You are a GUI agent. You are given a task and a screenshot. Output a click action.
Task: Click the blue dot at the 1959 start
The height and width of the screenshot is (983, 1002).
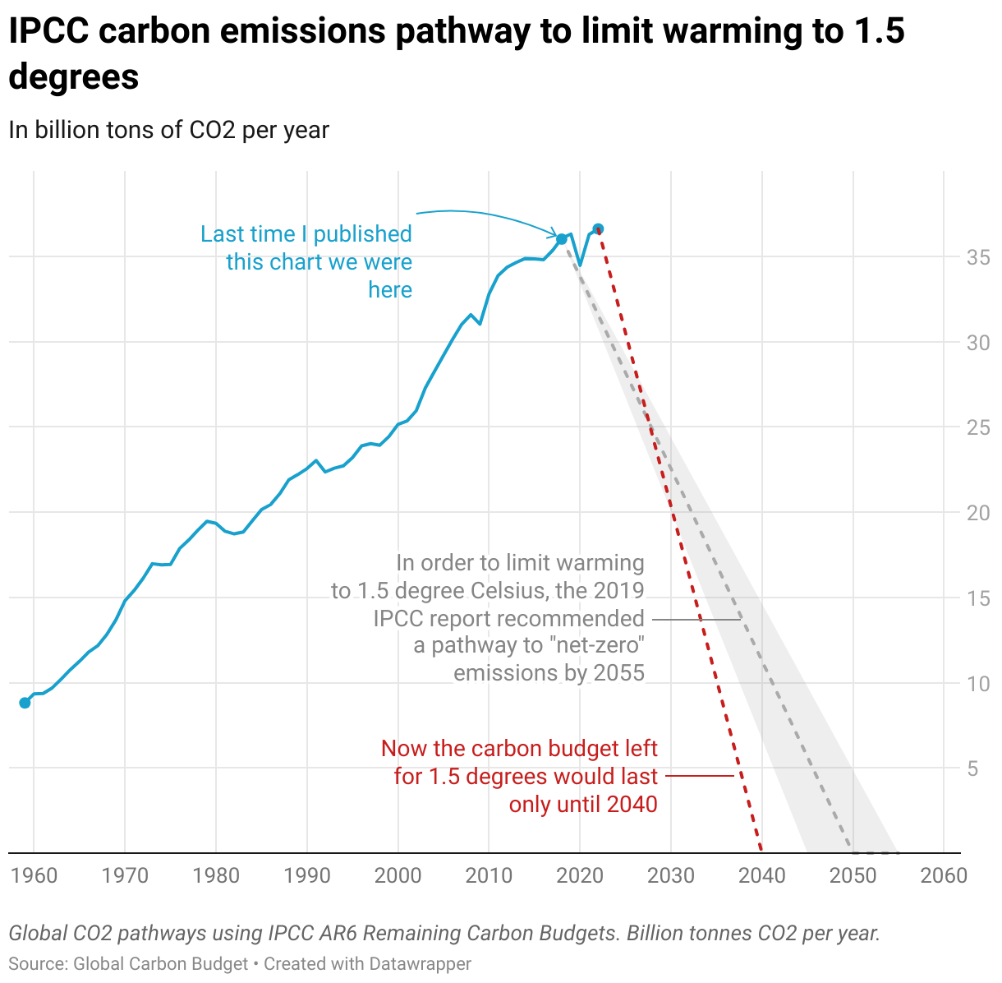(x=25, y=703)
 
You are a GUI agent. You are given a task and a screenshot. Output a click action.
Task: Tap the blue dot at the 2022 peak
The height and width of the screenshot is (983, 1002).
(x=598, y=228)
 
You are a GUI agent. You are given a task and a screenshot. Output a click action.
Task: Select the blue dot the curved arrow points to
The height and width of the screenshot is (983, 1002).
(x=562, y=239)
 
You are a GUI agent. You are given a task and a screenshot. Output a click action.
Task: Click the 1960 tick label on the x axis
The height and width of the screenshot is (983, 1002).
(x=34, y=875)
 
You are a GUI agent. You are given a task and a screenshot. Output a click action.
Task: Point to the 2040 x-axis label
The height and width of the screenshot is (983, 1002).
(x=762, y=875)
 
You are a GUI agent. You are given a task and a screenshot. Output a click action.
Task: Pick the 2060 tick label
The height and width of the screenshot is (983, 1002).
(x=945, y=875)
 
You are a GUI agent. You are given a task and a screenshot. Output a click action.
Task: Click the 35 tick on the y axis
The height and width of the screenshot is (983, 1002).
(x=978, y=257)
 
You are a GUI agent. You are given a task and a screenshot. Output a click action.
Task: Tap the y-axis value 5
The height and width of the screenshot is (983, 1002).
(x=972, y=768)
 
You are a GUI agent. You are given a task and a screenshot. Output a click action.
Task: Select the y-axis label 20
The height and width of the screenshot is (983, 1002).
(x=978, y=513)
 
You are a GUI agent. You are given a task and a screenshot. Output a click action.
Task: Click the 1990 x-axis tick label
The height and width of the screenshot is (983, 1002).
(x=307, y=875)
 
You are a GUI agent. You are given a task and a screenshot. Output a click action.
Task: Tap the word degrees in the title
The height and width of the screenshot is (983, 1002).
(x=74, y=77)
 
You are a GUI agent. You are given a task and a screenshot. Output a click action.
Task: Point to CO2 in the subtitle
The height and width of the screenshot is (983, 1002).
(x=214, y=130)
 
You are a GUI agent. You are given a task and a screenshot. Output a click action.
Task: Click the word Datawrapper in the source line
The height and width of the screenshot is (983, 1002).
(x=420, y=963)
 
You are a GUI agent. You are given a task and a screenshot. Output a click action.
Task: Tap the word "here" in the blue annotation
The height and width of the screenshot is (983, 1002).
(x=390, y=290)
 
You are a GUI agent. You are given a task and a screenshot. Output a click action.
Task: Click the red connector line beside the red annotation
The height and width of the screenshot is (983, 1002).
(x=698, y=776)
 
